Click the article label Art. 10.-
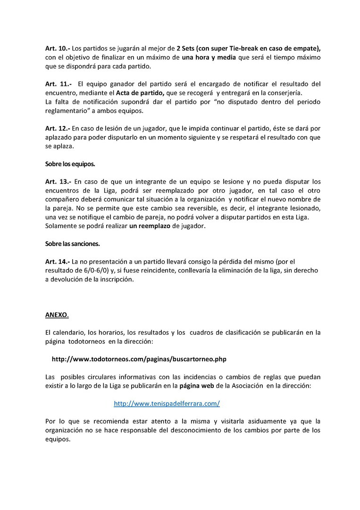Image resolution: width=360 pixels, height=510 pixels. [x=57, y=49]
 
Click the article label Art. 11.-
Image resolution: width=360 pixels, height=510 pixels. [x=57, y=84]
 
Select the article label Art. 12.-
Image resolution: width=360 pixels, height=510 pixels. [x=58, y=128]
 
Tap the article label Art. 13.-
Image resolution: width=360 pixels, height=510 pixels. [x=58, y=181]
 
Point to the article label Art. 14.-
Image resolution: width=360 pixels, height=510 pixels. [x=58, y=261]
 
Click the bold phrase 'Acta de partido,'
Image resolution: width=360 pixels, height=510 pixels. [x=140, y=93]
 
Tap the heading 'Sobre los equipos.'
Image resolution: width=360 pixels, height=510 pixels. [x=70, y=164]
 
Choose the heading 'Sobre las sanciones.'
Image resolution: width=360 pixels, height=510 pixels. [x=73, y=244]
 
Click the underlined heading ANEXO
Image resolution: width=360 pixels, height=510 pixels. [x=57, y=314]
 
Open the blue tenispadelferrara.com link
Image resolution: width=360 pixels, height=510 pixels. [x=167, y=404]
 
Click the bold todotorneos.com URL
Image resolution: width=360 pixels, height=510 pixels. [x=139, y=359]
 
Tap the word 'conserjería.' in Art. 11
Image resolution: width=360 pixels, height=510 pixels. [x=283, y=93]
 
